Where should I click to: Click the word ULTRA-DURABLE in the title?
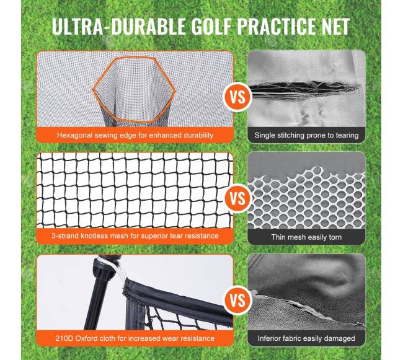[x=119, y=26]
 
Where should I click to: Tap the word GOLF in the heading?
[x=211, y=26]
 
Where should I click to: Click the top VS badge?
[x=237, y=97]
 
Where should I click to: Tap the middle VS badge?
[x=237, y=198]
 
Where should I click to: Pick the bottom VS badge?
[x=237, y=300]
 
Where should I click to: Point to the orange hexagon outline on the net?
[x=93, y=89]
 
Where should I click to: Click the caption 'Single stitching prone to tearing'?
[x=306, y=135]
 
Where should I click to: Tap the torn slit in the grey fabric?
[x=303, y=89]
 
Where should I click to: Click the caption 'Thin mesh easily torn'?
[x=306, y=237]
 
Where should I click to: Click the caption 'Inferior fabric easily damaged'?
[x=306, y=338]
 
